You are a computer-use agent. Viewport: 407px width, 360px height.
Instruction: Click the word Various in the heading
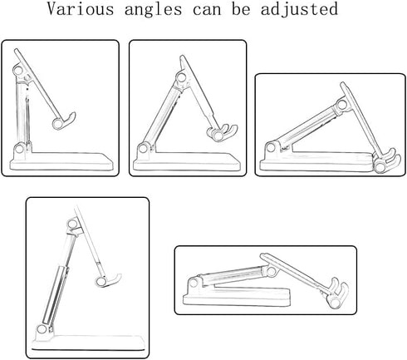coord(81,8)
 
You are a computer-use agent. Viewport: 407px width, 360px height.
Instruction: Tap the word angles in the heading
coord(153,10)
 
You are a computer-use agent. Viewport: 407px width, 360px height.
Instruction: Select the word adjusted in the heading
coord(299,10)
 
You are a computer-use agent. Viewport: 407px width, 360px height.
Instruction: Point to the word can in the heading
coord(207,11)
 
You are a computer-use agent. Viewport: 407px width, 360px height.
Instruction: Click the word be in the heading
coord(241,9)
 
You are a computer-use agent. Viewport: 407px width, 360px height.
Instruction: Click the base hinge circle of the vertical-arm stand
coord(19,149)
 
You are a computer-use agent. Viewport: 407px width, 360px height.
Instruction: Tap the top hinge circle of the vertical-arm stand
coord(18,70)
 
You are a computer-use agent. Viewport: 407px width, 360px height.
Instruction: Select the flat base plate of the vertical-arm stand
coord(61,161)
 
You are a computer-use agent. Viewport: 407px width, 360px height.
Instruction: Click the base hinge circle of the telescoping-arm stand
coord(42,329)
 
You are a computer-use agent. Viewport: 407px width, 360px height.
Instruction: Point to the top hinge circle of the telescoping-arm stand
coord(72,224)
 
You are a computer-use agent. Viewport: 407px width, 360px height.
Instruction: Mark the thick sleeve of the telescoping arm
coord(55,295)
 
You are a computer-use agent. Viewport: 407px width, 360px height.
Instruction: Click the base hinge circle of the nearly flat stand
coord(194,283)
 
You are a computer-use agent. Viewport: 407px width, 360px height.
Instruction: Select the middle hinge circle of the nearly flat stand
coord(272,271)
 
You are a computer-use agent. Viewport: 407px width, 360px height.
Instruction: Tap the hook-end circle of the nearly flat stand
coord(336,303)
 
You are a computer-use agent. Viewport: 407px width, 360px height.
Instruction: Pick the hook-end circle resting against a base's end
coord(380,167)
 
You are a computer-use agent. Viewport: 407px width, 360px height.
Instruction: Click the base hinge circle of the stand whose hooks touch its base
coord(271,147)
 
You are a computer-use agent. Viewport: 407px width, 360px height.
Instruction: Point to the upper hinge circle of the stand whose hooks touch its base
coord(342,105)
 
